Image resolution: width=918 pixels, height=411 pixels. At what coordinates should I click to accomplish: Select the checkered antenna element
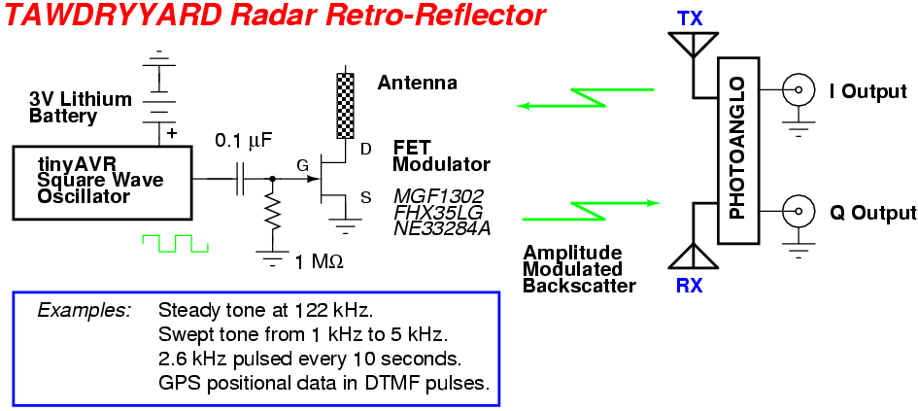(343, 105)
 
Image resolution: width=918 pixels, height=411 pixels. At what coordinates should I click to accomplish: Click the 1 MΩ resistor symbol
(273, 218)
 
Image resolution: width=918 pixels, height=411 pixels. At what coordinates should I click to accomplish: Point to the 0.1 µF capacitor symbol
(240, 180)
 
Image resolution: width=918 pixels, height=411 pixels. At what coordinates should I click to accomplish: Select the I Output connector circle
(799, 90)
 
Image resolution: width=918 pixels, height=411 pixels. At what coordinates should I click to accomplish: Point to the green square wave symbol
(175, 242)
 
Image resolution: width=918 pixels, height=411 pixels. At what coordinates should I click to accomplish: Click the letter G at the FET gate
(302, 166)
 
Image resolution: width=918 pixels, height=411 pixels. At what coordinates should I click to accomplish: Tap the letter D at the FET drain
(365, 149)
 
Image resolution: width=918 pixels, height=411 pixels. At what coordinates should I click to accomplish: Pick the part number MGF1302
(439, 195)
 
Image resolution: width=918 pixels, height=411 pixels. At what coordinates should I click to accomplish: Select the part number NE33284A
(442, 229)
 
